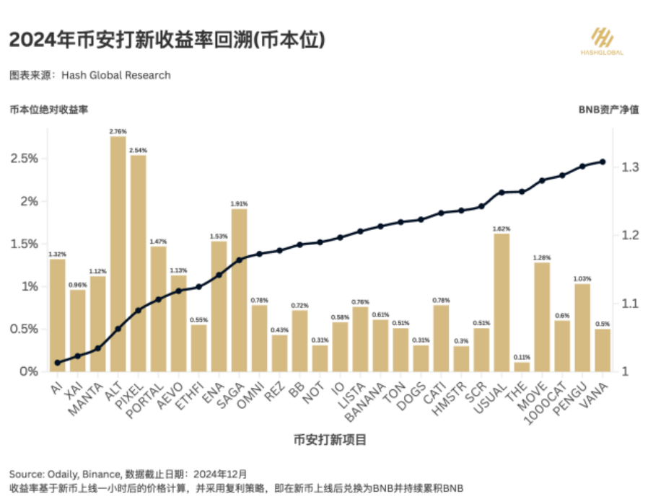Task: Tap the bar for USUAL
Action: (502, 302)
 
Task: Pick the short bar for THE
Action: (522, 367)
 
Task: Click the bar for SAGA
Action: (240, 290)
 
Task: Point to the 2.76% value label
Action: (118, 131)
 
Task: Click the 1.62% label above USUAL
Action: (502, 228)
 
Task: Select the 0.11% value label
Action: (522, 357)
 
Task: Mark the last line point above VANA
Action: (603, 162)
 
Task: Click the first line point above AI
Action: (58, 363)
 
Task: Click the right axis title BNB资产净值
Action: (608, 110)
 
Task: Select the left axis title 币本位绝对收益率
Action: (48, 110)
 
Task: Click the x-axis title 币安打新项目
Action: (330, 439)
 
